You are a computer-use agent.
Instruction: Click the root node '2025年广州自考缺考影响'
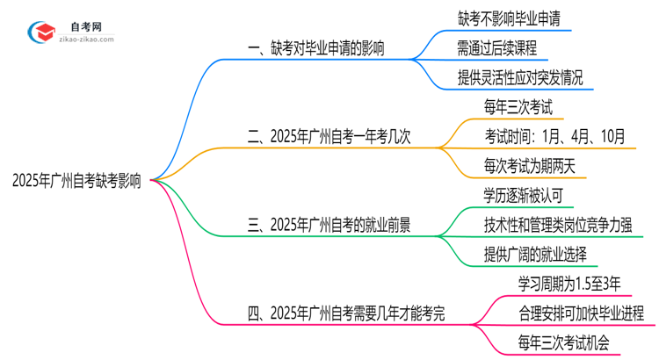[77, 180]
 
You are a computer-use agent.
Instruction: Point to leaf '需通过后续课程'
[497, 48]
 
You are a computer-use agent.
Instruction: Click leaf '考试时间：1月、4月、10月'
[554, 136]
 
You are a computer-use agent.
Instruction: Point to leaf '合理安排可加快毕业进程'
[582, 313]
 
